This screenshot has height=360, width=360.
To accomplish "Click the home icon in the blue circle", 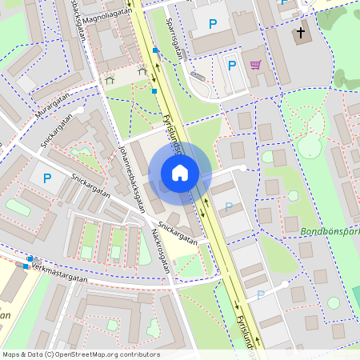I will (180, 173).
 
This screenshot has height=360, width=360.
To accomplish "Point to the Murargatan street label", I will (53, 106).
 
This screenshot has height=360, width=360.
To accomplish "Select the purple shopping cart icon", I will (255, 66).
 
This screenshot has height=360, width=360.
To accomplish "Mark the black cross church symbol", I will (301, 34).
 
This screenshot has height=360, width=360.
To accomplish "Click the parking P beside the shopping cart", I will (232, 66).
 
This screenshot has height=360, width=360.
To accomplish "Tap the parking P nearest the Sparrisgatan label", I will (212, 25).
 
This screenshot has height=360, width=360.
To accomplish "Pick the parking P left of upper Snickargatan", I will (46, 178).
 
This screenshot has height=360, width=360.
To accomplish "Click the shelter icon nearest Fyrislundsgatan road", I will (142, 72).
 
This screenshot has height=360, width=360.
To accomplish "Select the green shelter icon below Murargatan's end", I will (110, 79).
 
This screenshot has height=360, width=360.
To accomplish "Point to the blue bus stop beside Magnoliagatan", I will (156, 50).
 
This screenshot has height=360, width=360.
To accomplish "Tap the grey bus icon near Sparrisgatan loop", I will (198, 76).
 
